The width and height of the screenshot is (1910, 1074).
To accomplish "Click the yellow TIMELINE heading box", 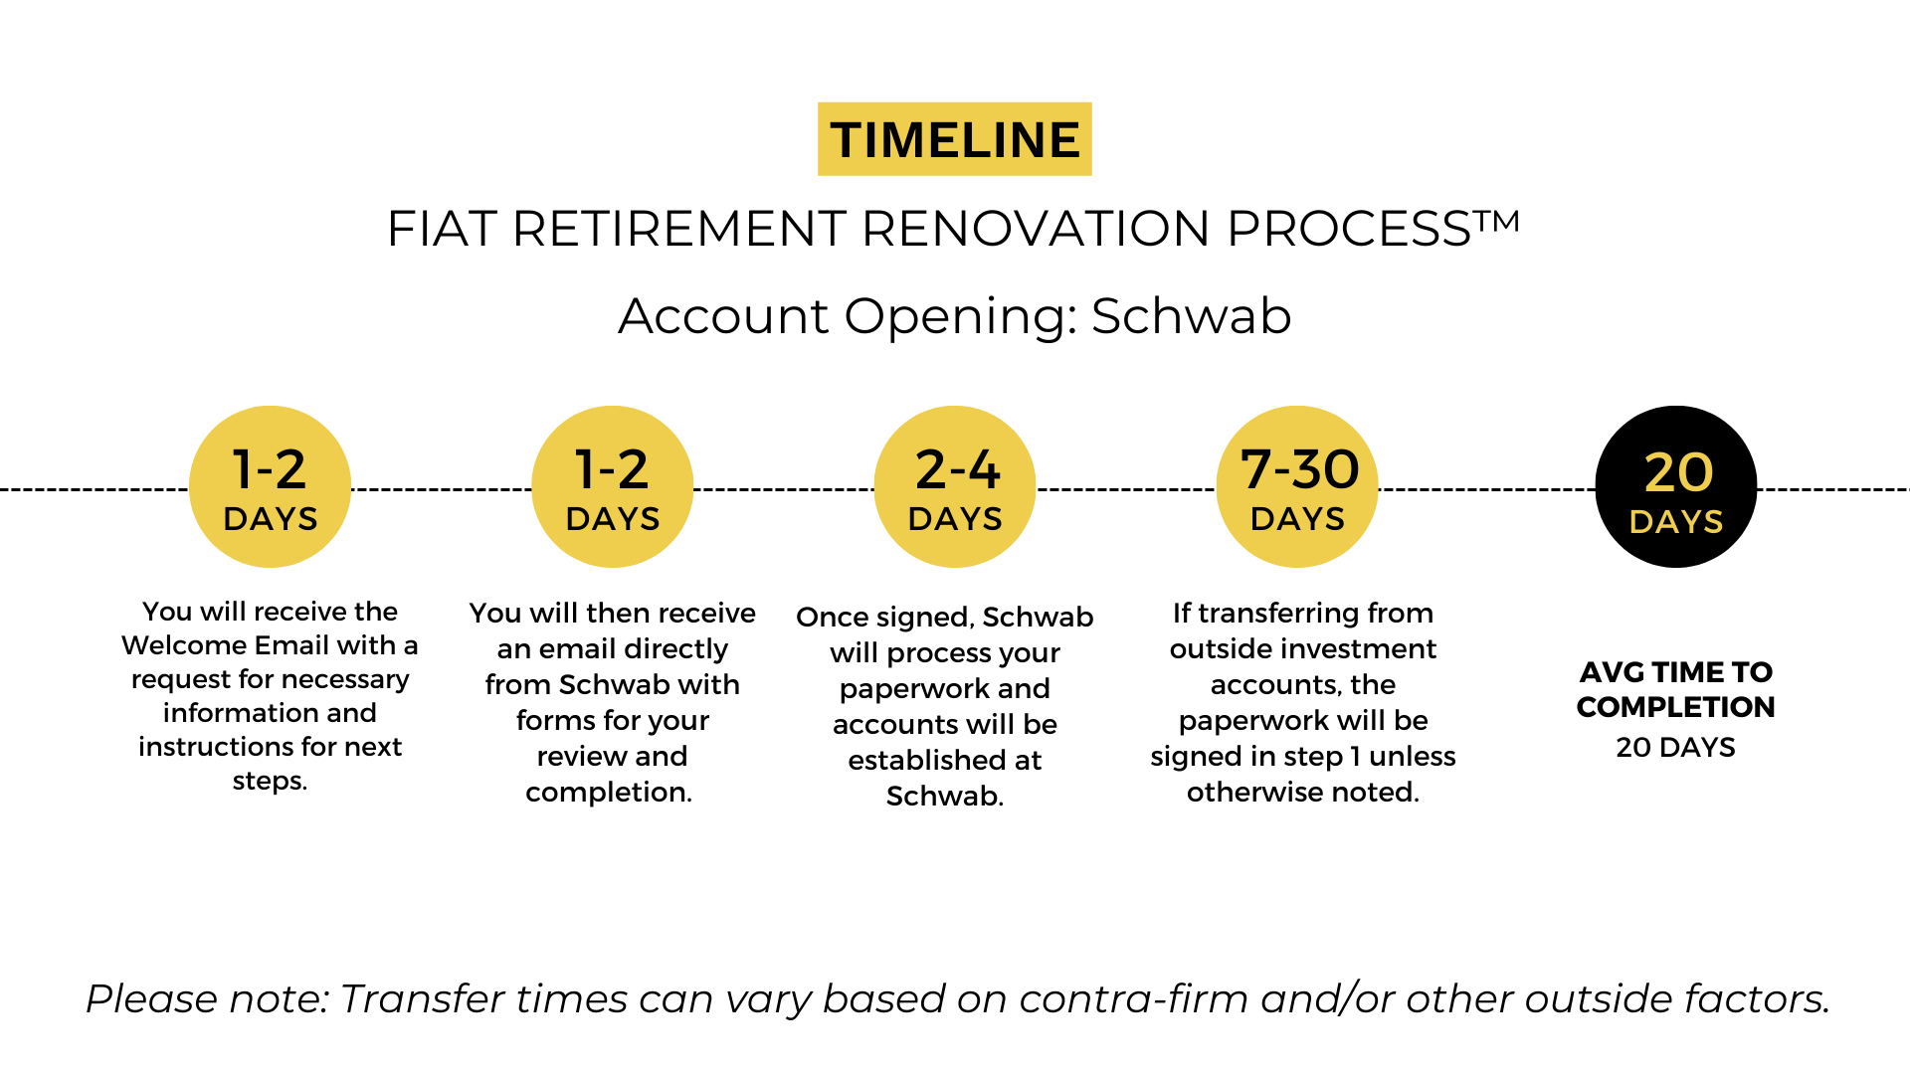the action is (954, 139).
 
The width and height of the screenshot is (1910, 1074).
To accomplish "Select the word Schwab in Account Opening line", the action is (1191, 316).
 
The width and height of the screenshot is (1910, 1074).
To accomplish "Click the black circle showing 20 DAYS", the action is (1676, 486).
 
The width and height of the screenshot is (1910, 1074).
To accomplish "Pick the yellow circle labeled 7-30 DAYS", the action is (1297, 486).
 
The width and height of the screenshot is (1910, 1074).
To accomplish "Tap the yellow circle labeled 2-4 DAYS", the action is (955, 486).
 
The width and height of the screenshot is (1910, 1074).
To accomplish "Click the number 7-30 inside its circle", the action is (1299, 469).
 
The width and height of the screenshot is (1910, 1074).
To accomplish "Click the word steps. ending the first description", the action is (270, 782).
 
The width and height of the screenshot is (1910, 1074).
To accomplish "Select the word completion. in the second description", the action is (609, 793).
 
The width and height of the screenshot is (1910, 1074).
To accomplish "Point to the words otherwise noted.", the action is (1303, 793).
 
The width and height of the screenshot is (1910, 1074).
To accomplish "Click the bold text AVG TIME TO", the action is (1676, 672).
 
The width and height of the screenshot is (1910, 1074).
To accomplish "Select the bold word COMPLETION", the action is (1676, 707).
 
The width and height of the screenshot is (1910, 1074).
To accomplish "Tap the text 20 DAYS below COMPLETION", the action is (1676, 748).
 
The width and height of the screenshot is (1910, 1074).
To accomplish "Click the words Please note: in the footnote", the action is (207, 999).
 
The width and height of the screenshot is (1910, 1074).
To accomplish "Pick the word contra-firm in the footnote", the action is (1134, 999).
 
